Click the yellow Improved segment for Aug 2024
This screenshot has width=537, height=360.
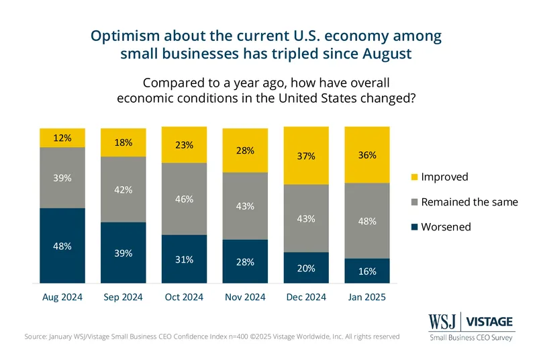click(62, 138)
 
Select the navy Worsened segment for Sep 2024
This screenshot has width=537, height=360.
click(124, 253)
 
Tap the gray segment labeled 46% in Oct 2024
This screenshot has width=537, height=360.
click(184, 199)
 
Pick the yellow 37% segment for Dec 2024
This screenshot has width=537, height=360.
click(306, 156)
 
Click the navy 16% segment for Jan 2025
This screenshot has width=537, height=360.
click(367, 271)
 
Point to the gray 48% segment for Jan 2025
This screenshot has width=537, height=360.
click(367, 221)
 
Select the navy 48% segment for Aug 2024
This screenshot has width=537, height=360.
click(62, 246)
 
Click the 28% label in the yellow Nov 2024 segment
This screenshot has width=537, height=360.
click(245, 150)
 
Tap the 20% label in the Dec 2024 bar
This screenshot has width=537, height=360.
click(306, 268)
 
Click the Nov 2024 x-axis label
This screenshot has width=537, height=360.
click(245, 297)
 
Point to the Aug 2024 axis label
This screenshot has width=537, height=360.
click(62, 297)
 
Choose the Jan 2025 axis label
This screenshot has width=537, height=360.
click(367, 297)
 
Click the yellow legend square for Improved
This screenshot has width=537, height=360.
click(414, 177)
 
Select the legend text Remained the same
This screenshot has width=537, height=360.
click(469, 202)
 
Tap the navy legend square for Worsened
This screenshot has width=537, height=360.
click(414, 227)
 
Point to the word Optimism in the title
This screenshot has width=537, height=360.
click(126, 36)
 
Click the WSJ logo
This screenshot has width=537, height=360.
click(442, 322)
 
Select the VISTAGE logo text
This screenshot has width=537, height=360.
click(490, 322)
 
